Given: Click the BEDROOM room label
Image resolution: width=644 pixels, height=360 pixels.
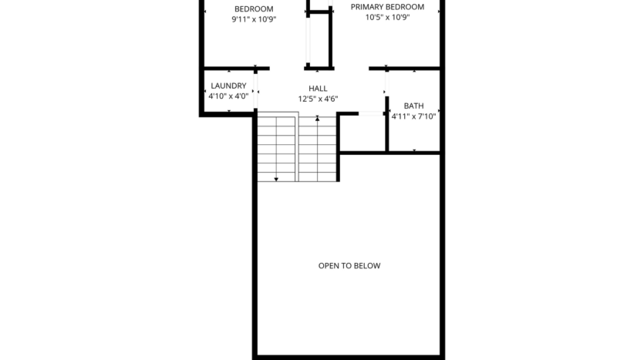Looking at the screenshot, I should [x=254, y=8].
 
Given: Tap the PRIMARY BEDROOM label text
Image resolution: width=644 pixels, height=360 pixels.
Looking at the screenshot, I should [x=387, y=6].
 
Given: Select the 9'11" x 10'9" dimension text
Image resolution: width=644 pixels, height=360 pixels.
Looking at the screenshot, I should [x=254, y=19].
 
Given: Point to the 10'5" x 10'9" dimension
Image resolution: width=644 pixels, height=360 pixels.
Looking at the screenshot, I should [x=387, y=17].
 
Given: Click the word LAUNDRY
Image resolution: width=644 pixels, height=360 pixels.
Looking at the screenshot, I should [x=228, y=86].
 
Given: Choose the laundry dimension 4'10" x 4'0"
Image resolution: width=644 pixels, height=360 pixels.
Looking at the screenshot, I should [x=228, y=96].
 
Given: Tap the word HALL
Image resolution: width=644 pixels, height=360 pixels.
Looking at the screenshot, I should [x=318, y=89].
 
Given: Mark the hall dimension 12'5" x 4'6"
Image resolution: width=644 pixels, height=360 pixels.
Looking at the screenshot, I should [x=318, y=99].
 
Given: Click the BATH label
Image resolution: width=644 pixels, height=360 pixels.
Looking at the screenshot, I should [x=413, y=106].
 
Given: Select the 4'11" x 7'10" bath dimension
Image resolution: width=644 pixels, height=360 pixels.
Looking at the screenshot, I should [x=413, y=116].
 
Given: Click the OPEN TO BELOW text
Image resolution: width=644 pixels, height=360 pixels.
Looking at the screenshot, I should [x=349, y=266].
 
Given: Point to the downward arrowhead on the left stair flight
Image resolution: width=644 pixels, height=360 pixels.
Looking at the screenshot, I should [x=276, y=179].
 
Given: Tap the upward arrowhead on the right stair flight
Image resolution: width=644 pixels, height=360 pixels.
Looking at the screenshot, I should [x=318, y=119].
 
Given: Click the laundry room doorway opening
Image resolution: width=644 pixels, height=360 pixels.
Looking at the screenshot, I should [x=256, y=91].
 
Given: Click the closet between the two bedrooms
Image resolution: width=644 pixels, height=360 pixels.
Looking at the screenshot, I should [x=319, y=39].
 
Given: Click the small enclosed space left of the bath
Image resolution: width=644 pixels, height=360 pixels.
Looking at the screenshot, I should [x=362, y=133].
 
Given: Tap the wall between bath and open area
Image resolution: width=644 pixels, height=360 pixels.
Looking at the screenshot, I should [x=389, y=153].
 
